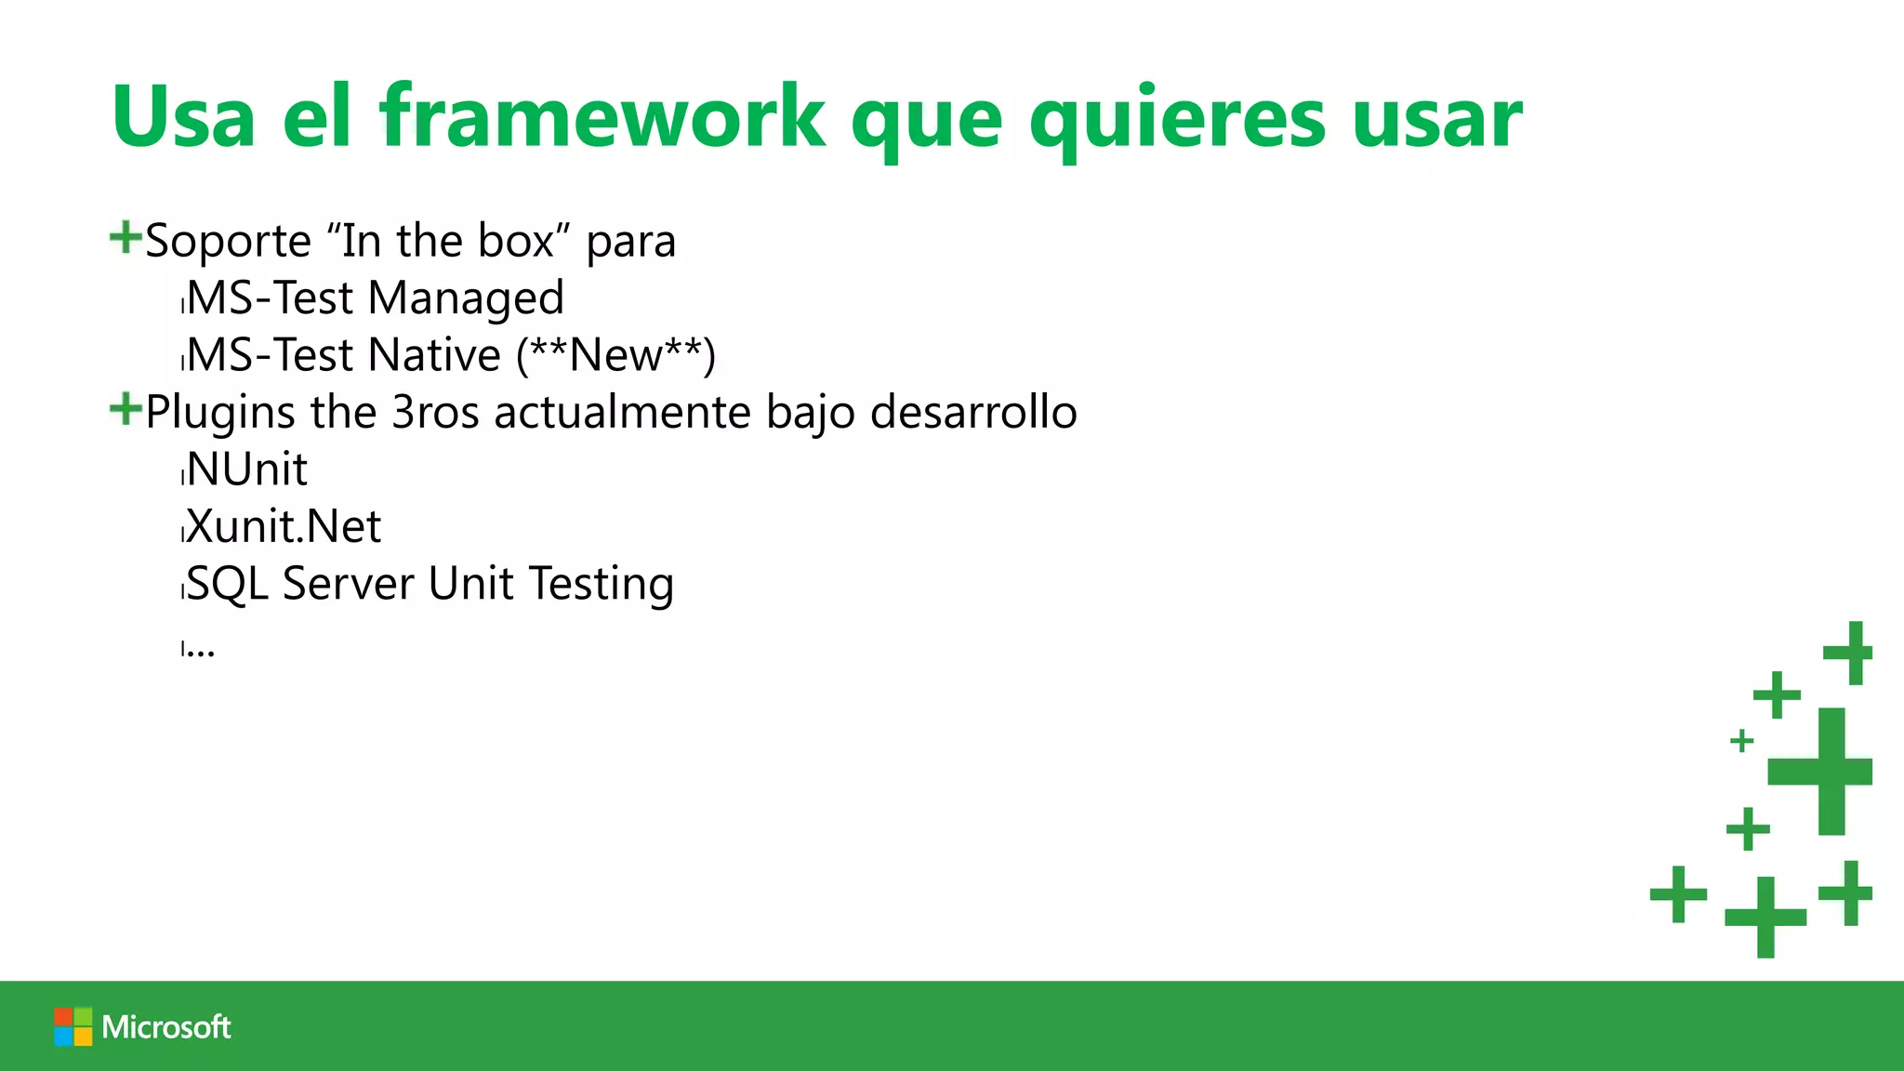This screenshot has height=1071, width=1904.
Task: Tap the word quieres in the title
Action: click(x=1177, y=119)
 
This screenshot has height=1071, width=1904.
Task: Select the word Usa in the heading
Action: click(x=183, y=117)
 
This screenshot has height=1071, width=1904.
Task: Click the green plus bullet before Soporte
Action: click(x=125, y=237)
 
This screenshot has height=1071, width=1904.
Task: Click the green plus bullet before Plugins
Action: click(x=125, y=408)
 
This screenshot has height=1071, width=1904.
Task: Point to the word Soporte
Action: click(x=228, y=241)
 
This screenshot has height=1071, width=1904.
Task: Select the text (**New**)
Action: click(x=615, y=355)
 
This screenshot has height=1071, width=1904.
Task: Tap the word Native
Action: click(x=434, y=355)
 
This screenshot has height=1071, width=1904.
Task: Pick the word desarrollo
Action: click(x=973, y=412)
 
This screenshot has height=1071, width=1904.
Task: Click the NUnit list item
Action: click(x=246, y=469)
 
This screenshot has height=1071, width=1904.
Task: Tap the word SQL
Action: click(x=228, y=585)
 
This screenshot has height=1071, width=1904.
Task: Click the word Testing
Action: click(x=602, y=585)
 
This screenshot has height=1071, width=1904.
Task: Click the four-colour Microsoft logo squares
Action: click(x=73, y=1026)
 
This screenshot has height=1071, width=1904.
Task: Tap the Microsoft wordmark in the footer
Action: click(x=166, y=1026)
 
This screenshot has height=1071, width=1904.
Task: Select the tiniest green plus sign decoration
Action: click(x=1741, y=741)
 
